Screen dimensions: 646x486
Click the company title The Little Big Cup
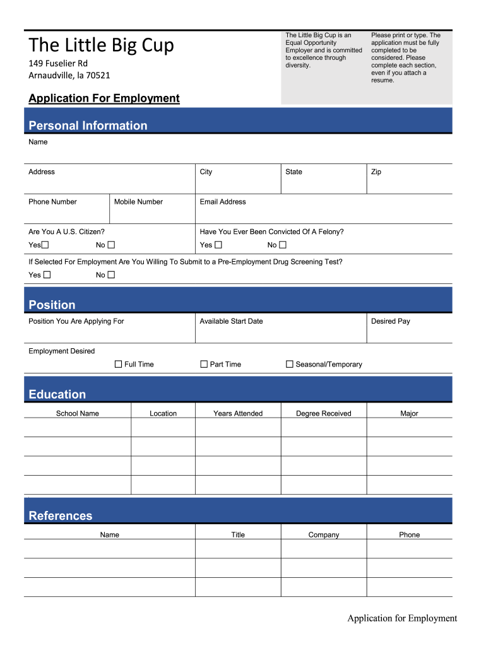[101, 45]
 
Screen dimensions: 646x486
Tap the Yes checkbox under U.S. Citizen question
[46, 245]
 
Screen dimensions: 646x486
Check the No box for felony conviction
[283, 245]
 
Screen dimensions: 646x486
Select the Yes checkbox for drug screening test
[47, 274]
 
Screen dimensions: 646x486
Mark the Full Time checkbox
[118, 364]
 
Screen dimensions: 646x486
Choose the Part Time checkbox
[204, 364]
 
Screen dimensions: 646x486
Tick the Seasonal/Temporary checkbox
[290, 364]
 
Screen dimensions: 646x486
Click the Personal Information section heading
[88, 126]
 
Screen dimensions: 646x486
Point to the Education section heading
[57, 394]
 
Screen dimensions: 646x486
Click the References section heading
[61, 515]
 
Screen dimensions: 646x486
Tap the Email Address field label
[223, 202]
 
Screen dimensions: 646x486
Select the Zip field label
[376, 172]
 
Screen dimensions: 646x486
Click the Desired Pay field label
[390, 321]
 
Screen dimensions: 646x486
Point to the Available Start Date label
[231, 321]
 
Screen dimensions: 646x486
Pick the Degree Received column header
[323, 413]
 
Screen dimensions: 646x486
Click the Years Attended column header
[238, 413]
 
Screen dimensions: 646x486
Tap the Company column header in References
[323, 534]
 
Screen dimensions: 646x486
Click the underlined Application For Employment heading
[104, 98]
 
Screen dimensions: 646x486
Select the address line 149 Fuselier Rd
[58, 64]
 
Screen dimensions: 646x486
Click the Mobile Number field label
[138, 202]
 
